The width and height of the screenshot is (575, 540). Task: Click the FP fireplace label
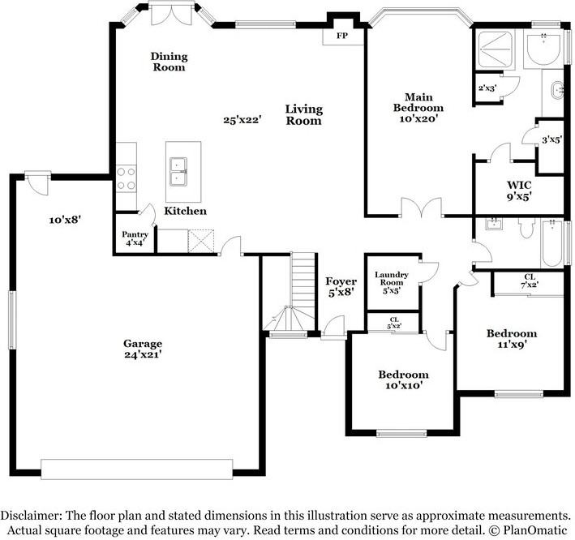click(x=342, y=36)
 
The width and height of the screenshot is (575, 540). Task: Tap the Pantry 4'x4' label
click(x=135, y=238)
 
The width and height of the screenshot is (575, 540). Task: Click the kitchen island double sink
click(x=178, y=172)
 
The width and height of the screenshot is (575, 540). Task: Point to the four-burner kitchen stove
click(x=127, y=178)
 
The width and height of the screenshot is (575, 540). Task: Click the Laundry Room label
click(x=391, y=278)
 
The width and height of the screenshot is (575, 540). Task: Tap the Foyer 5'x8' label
click(x=341, y=287)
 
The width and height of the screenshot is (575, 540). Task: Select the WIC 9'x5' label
click(x=519, y=191)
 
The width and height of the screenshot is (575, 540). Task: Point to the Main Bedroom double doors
click(x=421, y=208)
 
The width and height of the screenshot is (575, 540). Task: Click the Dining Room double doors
click(x=172, y=15)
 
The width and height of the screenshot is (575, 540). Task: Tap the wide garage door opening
click(x=137, y=469)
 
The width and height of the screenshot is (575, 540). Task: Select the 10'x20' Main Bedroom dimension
click(x=418, y=118)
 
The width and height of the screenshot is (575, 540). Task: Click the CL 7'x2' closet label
click(x=530, y=281)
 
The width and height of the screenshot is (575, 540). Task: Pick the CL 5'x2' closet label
click(x=394, y=323)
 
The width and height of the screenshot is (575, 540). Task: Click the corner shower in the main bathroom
click(x=495, y=49)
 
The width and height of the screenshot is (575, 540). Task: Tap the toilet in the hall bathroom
click(x=526, y=227)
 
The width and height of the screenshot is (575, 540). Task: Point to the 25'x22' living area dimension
click(x=242, y=120)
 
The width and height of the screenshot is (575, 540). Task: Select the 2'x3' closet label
click(x=487, y=88)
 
